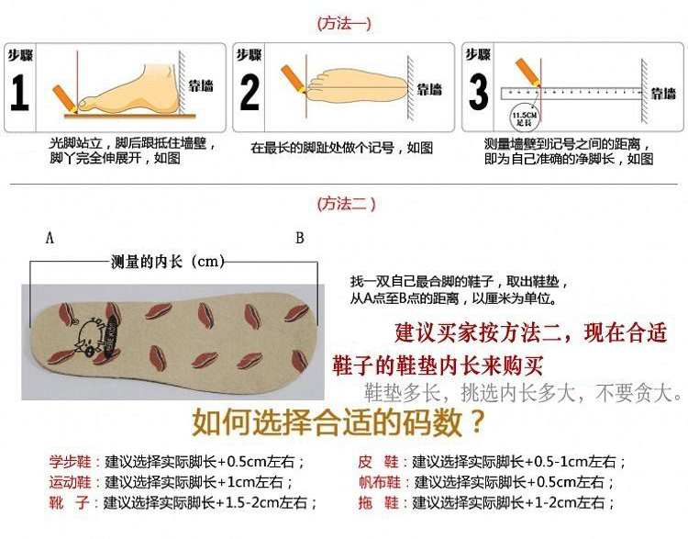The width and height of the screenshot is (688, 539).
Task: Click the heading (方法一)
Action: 344,24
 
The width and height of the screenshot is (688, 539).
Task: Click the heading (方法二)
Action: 345,204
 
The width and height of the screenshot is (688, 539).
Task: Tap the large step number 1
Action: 19,94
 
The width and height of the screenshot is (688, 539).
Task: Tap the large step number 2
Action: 250,94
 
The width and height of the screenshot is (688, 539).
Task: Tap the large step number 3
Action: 478,94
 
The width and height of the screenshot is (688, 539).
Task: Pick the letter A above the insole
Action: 50,239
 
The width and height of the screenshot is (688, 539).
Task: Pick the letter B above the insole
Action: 299,239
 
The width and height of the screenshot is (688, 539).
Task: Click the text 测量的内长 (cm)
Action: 168,263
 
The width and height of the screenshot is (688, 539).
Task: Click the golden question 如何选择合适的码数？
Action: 338,423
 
